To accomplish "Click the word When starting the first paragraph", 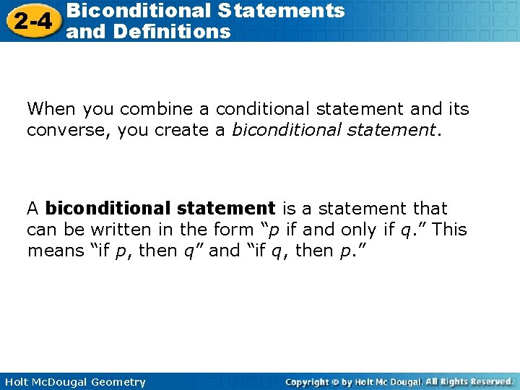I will [x=52, y=109].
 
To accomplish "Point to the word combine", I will [x=157, y=109].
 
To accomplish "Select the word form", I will [x=231, y=230].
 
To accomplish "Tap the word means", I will [x=56, y=251].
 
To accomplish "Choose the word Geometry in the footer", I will [x=118, y=382].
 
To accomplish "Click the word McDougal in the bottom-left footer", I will [x=60, y=382].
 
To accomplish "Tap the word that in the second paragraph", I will [x=430, y=209].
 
